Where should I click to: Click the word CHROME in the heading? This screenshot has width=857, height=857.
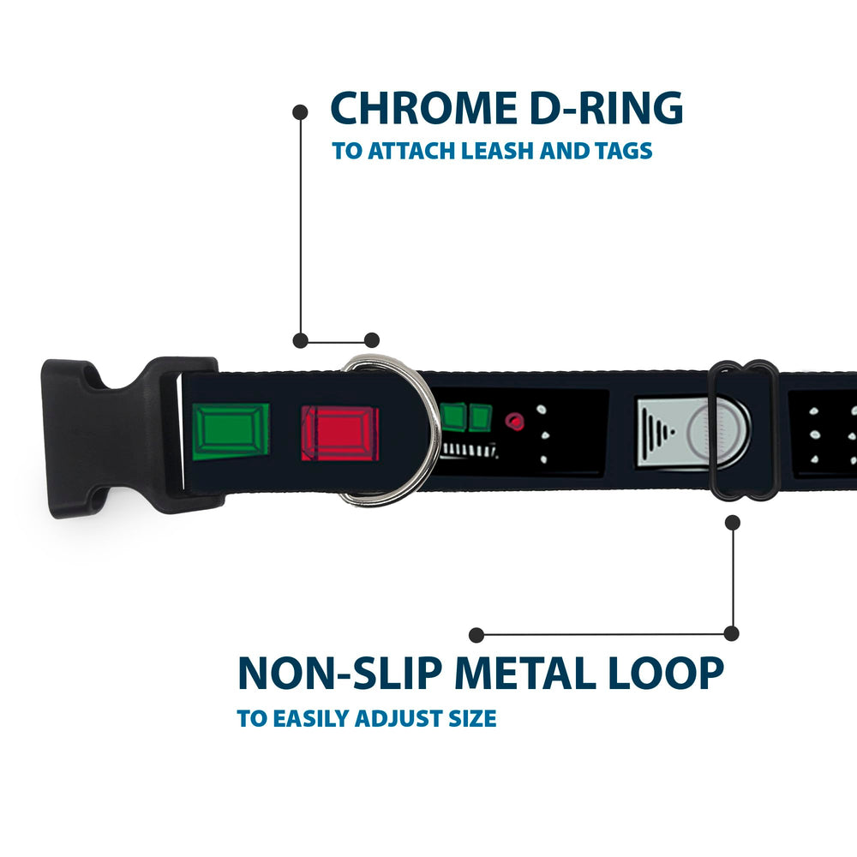(424, 108)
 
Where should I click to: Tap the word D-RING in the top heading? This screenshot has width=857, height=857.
(607, 108)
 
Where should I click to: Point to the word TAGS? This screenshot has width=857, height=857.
(624, 150)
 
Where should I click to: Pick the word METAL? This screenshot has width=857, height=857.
(524, 673)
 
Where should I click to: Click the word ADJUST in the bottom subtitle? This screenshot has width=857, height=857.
(402, 718)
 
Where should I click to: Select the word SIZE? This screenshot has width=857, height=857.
(472, 718)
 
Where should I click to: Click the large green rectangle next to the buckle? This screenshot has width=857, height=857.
(231, 431)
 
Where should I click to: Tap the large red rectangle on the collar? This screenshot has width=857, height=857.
(339, 434)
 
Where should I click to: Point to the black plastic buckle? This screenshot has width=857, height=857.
(131, 437)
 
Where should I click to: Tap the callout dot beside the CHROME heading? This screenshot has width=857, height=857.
(300, 112)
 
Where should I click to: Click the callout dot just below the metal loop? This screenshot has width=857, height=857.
(733, 523)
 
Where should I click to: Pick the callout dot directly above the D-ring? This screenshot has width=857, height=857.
(372, 340)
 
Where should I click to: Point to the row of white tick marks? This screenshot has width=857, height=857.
(470, 451)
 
